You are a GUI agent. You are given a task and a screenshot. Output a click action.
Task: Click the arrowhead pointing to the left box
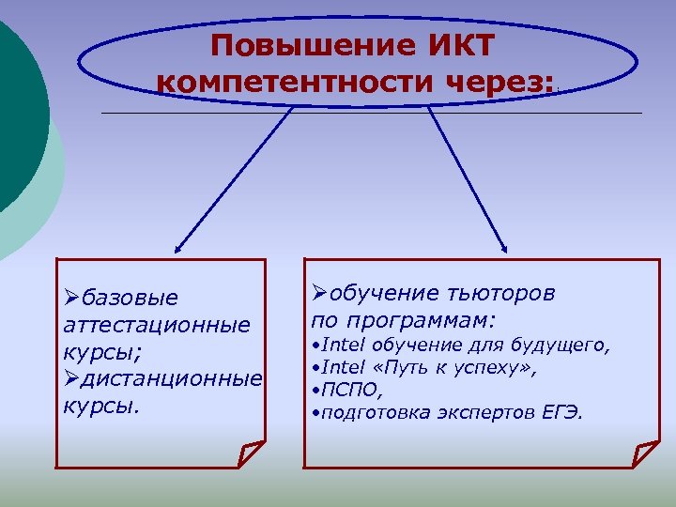coord(179,247)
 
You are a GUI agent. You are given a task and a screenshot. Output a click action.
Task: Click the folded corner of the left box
coord(251,454)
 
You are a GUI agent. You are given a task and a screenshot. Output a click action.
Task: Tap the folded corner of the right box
coord(646,454)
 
